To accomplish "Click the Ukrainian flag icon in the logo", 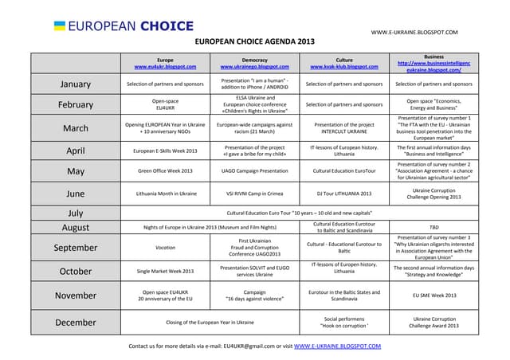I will click(x=59, y=26).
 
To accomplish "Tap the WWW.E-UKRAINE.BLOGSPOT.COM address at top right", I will click(x=414, y=32).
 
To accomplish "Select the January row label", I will click(x=75, y=84).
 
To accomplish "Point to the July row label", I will click(x=75, y=213).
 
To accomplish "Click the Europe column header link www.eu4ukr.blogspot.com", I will click(x=165, y=67).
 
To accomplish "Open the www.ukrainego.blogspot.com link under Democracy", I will click(x=254, y=67).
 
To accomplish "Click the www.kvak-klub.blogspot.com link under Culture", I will click(x=344, y=67).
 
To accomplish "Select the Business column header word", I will click(x=433, y=57).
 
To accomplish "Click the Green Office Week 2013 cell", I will click(x=165, y=170).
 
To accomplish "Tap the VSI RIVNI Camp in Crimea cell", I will click(x=254, y=193).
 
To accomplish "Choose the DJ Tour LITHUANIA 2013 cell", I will click(x=344, y=193).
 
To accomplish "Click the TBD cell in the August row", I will click(x=433, y=227).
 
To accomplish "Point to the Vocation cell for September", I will click(x=165, y=248).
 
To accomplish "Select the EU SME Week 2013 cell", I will click(x=433, y=295).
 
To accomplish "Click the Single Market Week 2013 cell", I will click(x=165, y=271).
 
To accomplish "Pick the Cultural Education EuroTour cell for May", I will click(x=344, y=170).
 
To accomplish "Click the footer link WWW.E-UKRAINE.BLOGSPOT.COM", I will click(x=337, y=346).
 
